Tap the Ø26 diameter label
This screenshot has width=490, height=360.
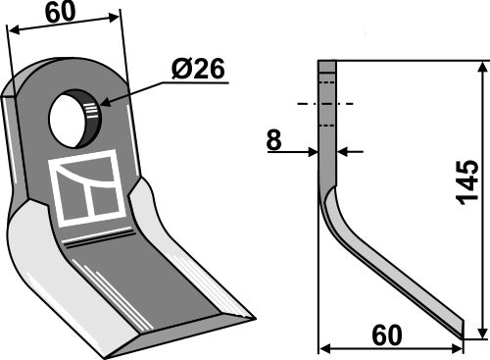coord(199,70)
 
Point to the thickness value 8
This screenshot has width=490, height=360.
coord(273,141)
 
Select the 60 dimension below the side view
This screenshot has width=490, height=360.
coord(387,334)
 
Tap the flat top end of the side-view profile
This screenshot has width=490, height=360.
coord(327,64)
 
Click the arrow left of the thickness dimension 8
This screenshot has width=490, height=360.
coord(312,151)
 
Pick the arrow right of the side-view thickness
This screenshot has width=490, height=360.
coord(343,151)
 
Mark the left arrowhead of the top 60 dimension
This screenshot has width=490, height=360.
coord(12,29)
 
